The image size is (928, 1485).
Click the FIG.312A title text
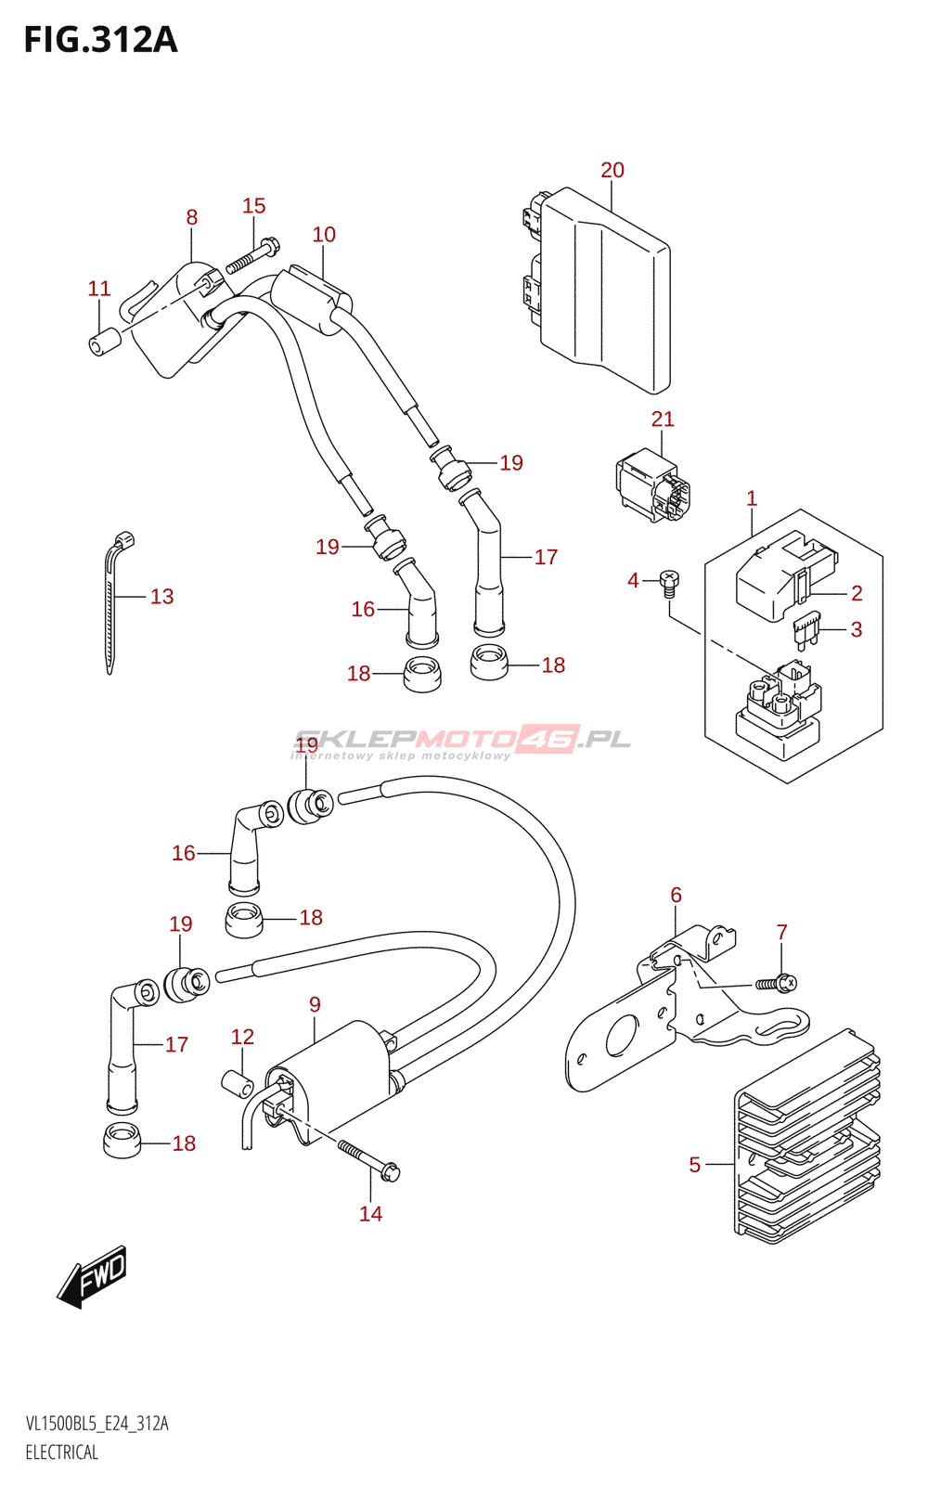click(x=101, y=41)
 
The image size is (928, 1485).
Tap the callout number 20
click(x=612, y=171)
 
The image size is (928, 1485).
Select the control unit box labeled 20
click(x=594, y=290)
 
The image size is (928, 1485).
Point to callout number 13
click(x=161, y=597)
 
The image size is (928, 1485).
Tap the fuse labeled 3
click(x=807, y=630)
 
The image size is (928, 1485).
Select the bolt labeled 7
click(x=777, y=983)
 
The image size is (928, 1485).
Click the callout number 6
click(x=676, y=895)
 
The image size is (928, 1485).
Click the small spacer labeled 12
click(x=238, y=1084)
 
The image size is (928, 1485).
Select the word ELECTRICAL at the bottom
click(x=61, y=1452)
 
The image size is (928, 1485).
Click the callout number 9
click(x=315, y=1004)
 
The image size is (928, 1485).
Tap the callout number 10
click(x=324, y=235)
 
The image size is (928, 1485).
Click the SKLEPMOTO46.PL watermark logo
click(x=461, y=742)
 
